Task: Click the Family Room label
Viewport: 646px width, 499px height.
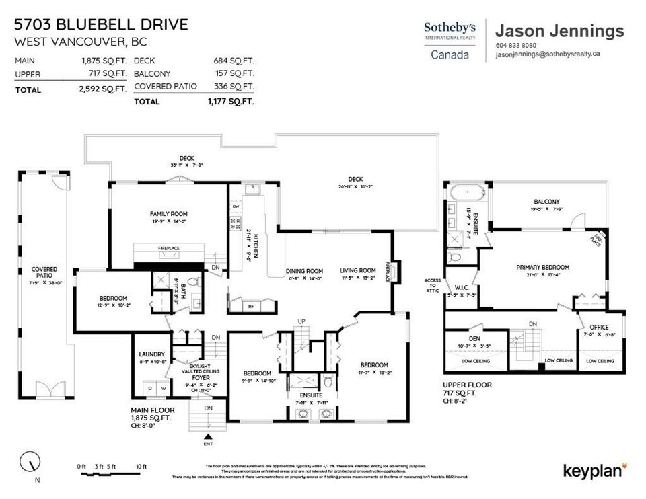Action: [x=168, y=214]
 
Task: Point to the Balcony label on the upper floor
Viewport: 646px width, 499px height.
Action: [x=546, y=202]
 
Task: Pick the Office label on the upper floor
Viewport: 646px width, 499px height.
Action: [x=599, y=327]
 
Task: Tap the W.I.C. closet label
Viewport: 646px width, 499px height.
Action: [x=461, y=288]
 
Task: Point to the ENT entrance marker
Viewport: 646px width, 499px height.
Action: [x=207, y=444]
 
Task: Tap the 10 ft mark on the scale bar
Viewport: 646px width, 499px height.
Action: [x=141, y=467]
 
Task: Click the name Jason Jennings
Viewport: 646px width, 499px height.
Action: [x=559, y=30]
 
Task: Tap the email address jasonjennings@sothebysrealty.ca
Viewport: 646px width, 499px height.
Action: [x=547, y=56]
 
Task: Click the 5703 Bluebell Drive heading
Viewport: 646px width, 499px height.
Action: [x=101, y=25]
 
